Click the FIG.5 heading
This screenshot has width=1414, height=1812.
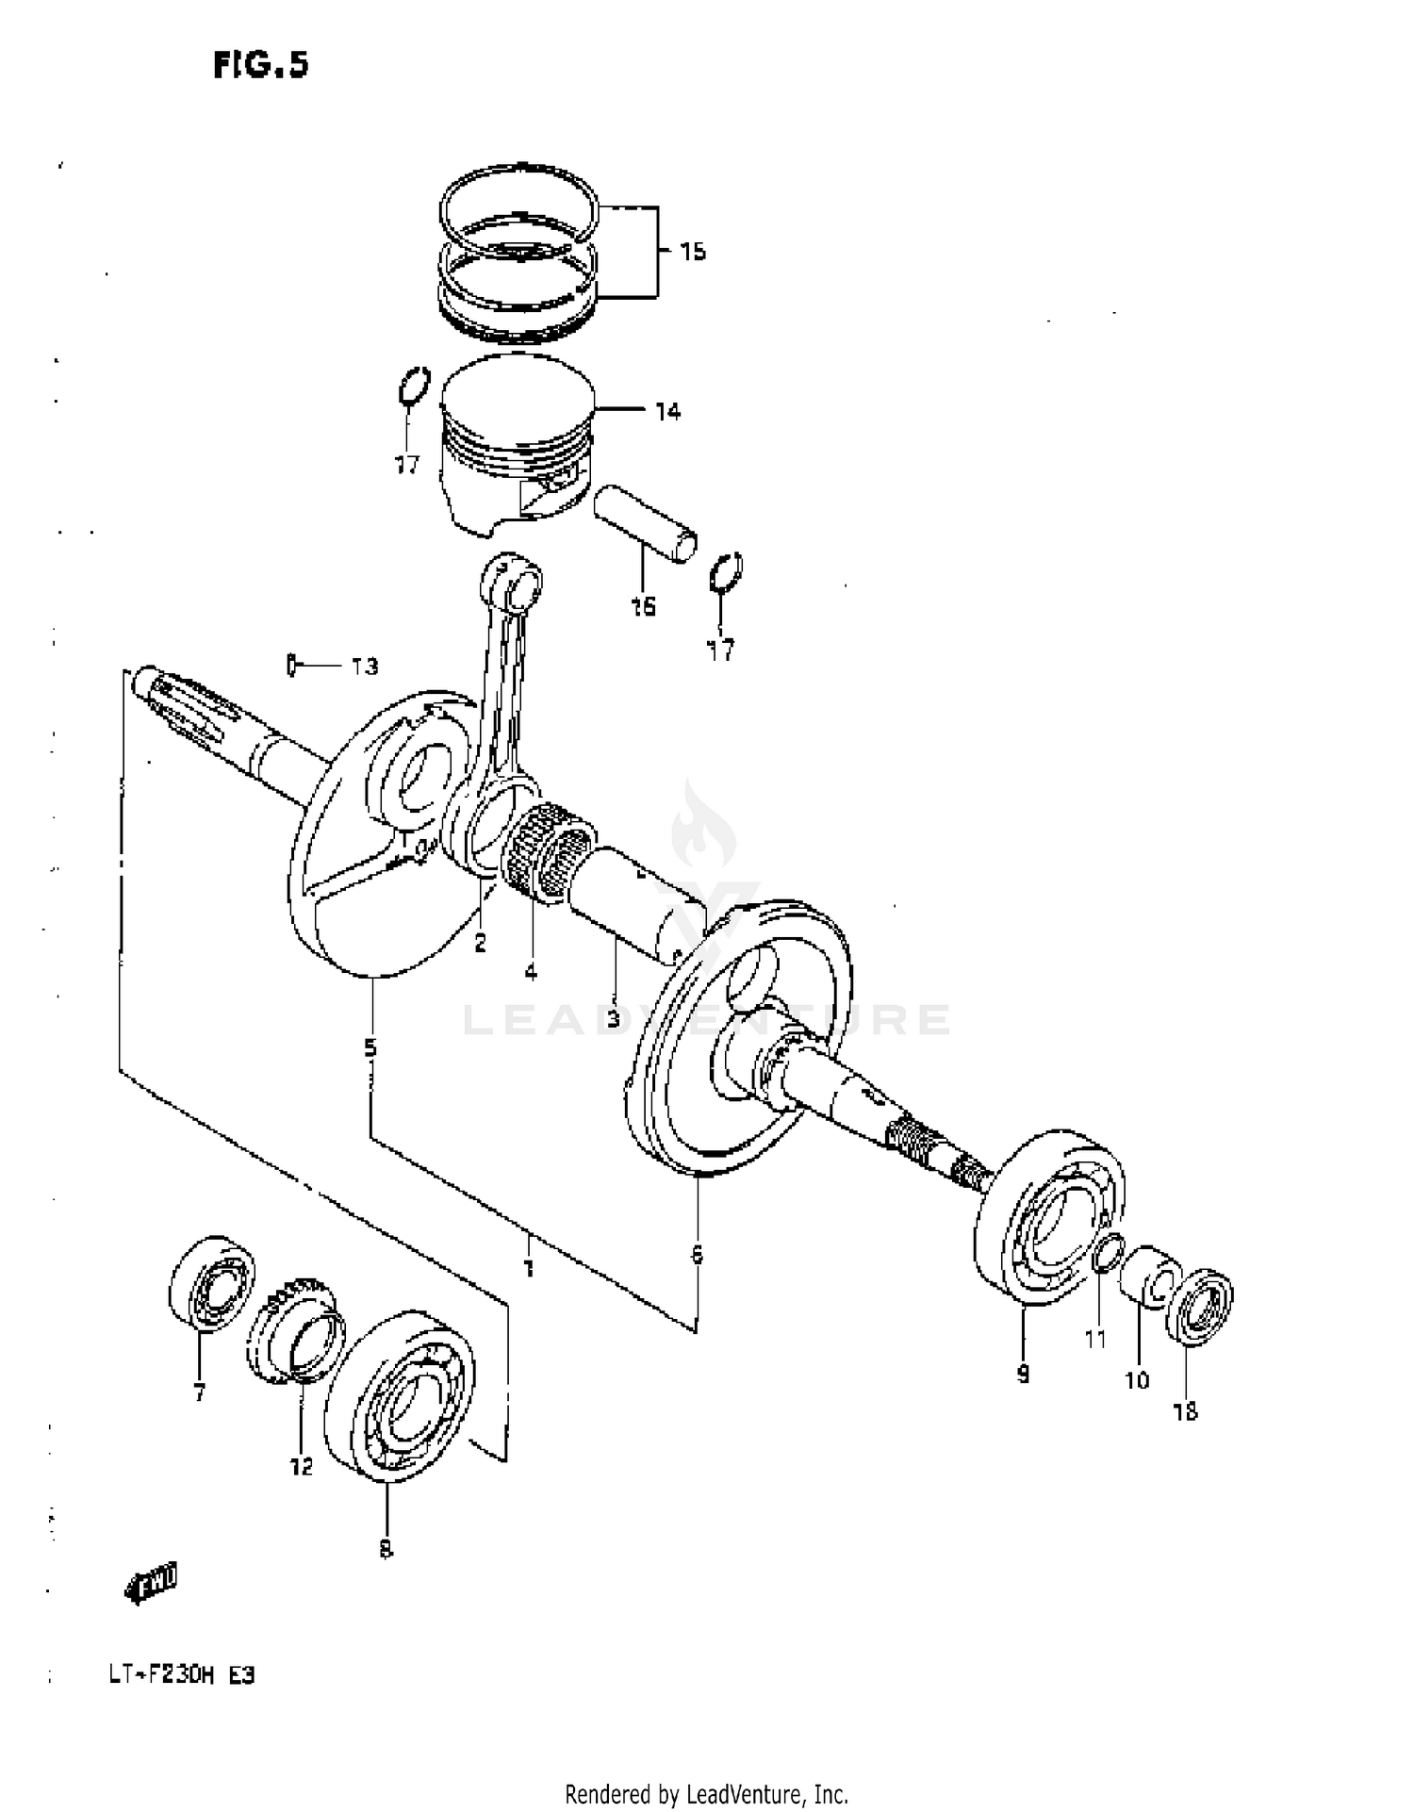coord(260,65)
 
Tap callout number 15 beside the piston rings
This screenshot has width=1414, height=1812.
coord(693,252)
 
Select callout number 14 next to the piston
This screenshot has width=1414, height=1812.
coord(667,411)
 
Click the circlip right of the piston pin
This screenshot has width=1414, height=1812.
coord(726,572)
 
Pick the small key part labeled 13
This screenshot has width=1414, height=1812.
coord(292,666)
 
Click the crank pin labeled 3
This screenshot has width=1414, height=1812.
coord(636,900)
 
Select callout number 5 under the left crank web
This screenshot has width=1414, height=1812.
coord(370,1047)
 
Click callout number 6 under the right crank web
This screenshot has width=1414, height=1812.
coord(697,1255)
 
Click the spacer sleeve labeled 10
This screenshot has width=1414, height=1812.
coord(1148,1277)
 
